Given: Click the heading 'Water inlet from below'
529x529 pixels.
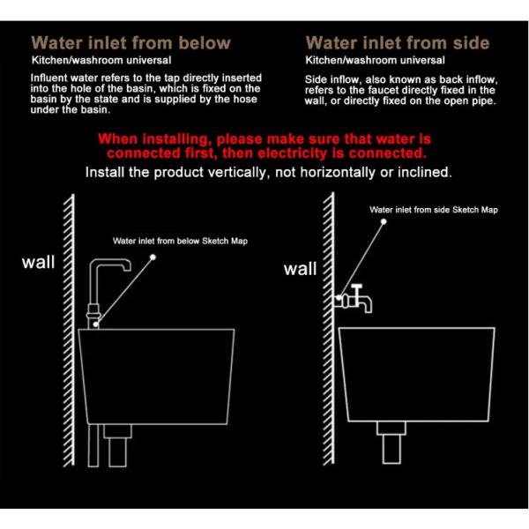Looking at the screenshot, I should point(130,42).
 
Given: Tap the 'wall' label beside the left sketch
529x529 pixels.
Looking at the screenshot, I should point(39,262).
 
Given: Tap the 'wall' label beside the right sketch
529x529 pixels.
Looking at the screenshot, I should point(300,269).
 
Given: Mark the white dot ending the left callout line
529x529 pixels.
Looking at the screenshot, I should point(153,257).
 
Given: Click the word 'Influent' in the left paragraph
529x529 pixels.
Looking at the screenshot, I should point(50,78).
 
